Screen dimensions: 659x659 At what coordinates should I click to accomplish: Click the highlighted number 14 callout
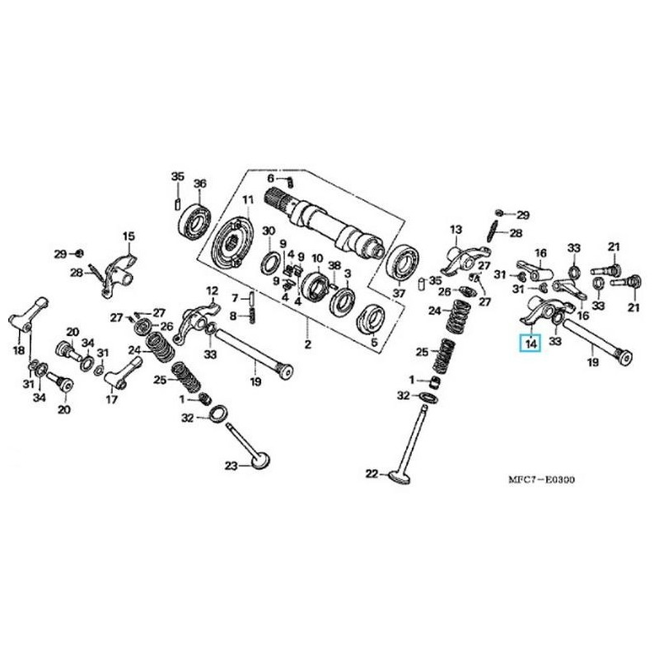click(529, 342)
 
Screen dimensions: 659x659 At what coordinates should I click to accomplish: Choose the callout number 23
click(232, 466)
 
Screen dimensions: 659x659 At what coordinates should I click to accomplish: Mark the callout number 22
click(371, 474)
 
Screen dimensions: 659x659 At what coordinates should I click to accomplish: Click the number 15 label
click(128, 237)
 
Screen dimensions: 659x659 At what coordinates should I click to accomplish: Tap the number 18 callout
click(18, 351)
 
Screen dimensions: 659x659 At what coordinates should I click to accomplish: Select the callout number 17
click(112, 401)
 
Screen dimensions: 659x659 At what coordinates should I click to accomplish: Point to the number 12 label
click(212, 291)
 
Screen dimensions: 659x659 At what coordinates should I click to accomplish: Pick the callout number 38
click(334, 265)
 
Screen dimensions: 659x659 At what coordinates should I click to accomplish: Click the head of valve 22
click(401, 475)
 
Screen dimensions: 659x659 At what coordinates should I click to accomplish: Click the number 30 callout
click(268, 231)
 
